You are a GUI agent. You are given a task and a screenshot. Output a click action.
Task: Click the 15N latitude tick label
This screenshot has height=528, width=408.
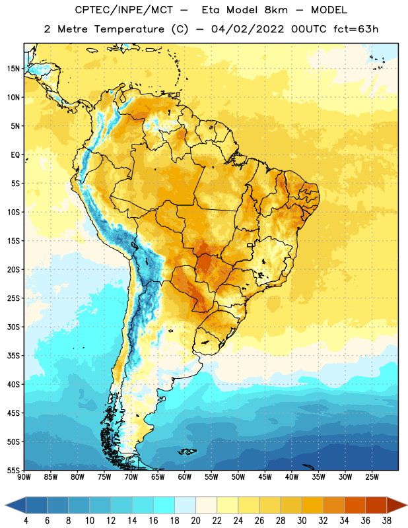[x=13, y=69]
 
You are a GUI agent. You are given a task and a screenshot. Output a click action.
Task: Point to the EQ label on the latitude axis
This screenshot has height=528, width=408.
[x=15, y=155]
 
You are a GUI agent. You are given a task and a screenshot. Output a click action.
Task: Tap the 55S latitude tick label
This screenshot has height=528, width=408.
[x=13, y=471]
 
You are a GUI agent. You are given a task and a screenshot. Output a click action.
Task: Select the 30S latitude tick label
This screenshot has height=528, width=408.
[x=13, y=327]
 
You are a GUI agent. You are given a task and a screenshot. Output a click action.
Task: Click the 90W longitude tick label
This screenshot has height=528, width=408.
[x=24, y=477]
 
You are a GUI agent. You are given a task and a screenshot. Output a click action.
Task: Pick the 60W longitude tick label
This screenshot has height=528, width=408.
[x=185, y=477]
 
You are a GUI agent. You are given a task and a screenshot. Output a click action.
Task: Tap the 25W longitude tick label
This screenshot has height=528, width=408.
[x=372, y=477]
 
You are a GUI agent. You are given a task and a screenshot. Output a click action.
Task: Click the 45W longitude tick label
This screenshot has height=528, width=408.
[x=265, y=477]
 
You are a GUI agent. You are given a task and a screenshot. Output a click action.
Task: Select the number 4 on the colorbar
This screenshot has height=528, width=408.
[x=26, y=521]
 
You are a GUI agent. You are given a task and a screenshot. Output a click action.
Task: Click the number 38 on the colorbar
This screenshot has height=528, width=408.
[x=387, y=521]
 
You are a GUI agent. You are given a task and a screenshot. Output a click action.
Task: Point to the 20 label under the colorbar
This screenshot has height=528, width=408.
[x=195, y=521]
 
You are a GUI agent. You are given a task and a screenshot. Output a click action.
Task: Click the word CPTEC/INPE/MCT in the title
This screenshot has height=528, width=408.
[x=123, y=10]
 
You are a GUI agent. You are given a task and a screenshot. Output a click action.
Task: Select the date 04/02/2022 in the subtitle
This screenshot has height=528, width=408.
[x=248, y=29]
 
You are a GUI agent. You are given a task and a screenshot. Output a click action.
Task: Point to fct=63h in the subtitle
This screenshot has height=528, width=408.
[x=356, y=29]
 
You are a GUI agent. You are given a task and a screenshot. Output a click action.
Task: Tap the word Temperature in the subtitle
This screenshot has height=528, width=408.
[x=129, y=29]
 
